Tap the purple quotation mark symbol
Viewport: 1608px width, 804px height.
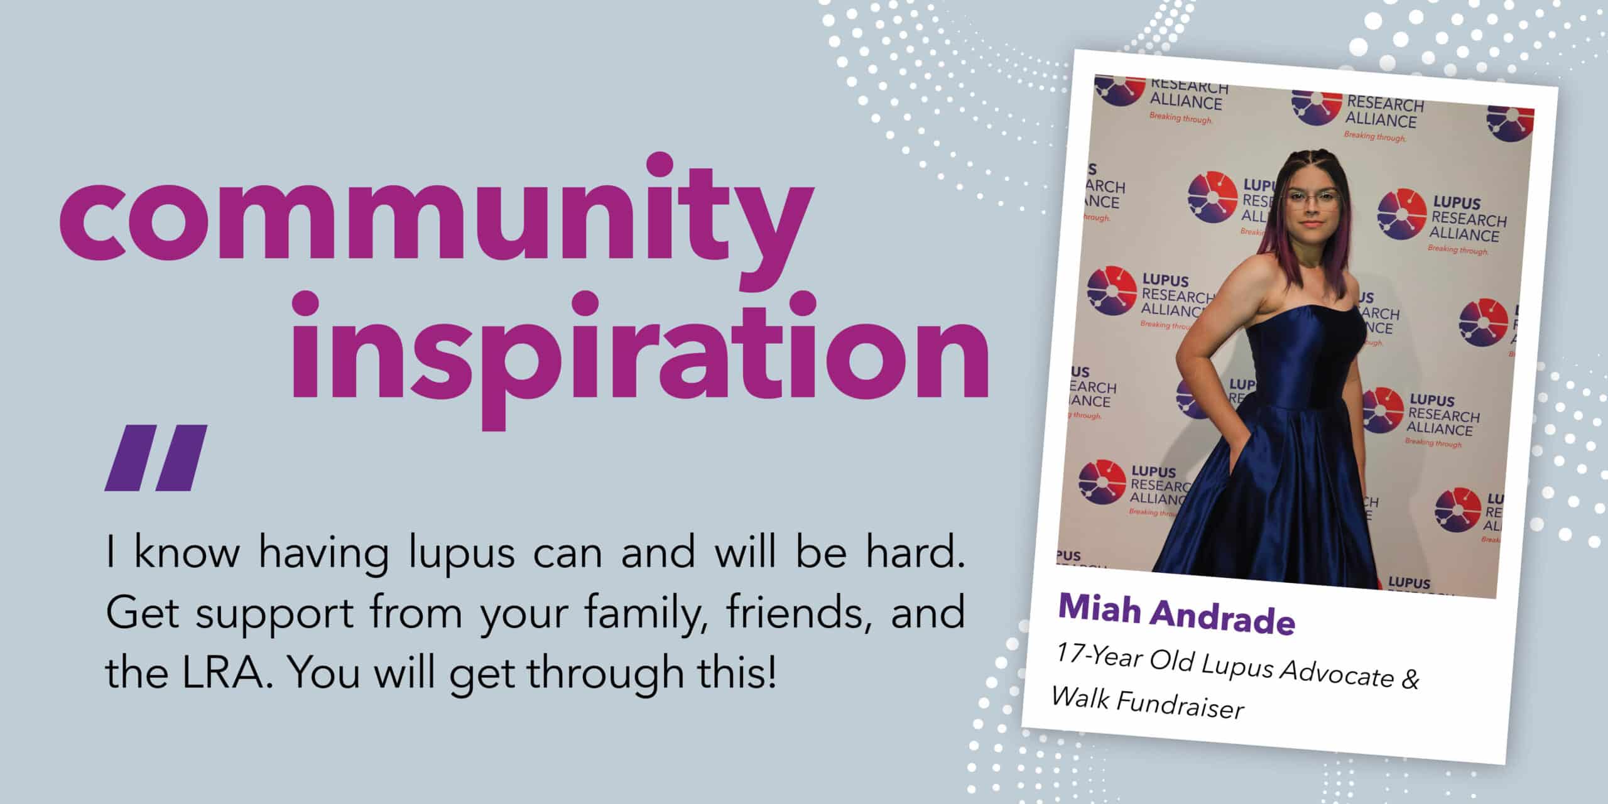click(x=156, y=457)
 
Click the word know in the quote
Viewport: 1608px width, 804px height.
click(x=187, y=552)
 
